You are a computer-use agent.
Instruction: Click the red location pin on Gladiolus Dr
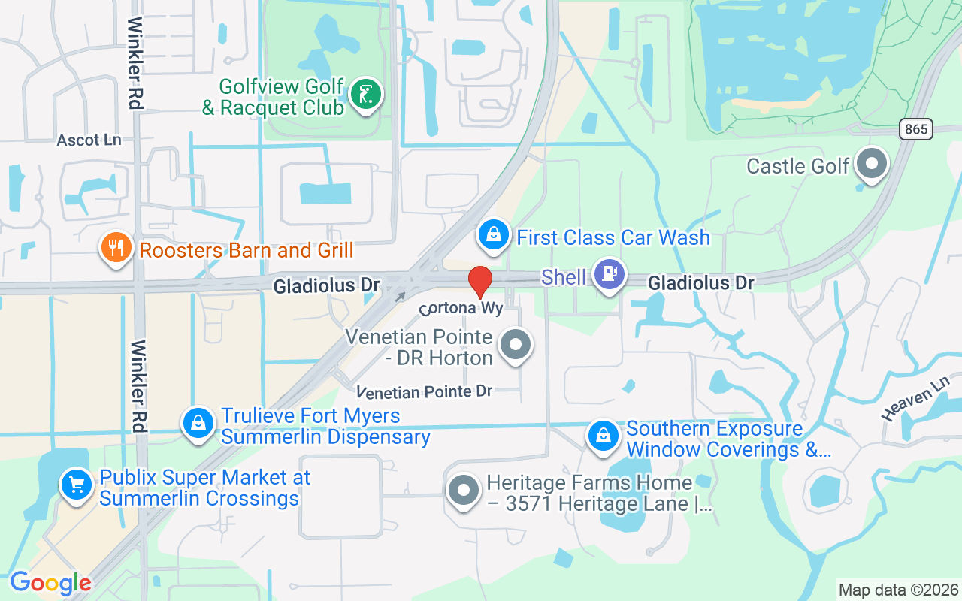[x=480, y=282]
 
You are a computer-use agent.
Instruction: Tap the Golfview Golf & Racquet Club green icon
[x=366, y=95]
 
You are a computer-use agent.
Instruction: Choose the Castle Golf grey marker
[x=872, y=163]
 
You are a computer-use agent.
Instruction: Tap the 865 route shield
[x=916, y=129]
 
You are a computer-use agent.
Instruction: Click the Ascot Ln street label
[x=89, y=140]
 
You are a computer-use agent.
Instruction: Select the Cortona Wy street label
[x=461, y=308]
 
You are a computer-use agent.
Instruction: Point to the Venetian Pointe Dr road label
[x=425, y=392]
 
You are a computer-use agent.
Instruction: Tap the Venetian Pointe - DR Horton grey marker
[x=516, y=346]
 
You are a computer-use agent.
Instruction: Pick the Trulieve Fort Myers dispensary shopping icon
[x=198, y=423]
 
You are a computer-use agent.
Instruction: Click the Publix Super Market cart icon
[x=76, y=485]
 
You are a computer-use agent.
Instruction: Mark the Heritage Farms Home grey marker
[x=463, y=491]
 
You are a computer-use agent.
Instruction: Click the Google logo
[x=50, y=583]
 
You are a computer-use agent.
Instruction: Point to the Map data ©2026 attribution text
[x=898, y=590]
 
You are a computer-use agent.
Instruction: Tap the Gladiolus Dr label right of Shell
[x=700, y=283]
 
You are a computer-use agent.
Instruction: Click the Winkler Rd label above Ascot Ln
[x=135, y=64]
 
